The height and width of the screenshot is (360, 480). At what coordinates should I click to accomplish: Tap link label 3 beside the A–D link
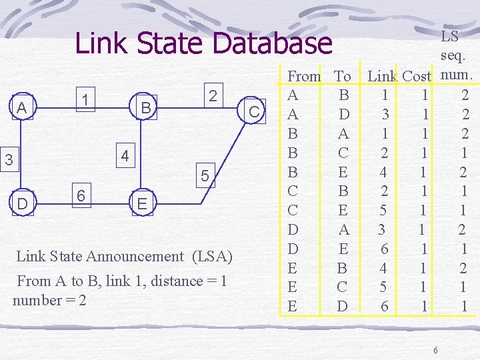point(8,160)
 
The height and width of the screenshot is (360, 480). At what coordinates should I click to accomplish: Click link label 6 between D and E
point(80,195)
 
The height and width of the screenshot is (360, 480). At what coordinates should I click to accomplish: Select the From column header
point(304,77)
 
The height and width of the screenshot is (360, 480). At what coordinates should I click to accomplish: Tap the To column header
point(343,77)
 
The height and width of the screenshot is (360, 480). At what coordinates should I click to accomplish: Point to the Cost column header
point(416,77)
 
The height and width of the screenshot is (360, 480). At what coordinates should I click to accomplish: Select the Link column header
point(382,77)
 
